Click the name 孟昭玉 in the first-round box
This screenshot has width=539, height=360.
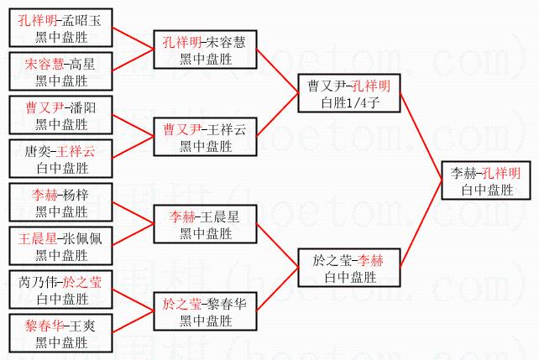tap(81, 21)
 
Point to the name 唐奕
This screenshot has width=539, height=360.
tap(39, 152)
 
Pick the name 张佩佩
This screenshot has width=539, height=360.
tap(81, 239)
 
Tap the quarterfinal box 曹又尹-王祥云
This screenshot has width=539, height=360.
tap(206, 137)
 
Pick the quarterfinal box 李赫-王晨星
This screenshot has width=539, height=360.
tap(206, 224)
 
